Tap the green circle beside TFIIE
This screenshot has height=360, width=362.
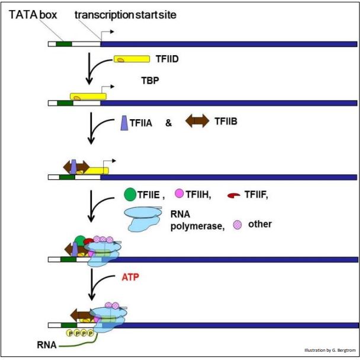pyautogui.click(x=130, y=193)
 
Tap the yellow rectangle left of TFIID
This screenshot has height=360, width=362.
pyautogui.click(x=132, y=60)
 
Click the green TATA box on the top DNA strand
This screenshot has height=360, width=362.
pyautogui.click(x=63, y=43)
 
